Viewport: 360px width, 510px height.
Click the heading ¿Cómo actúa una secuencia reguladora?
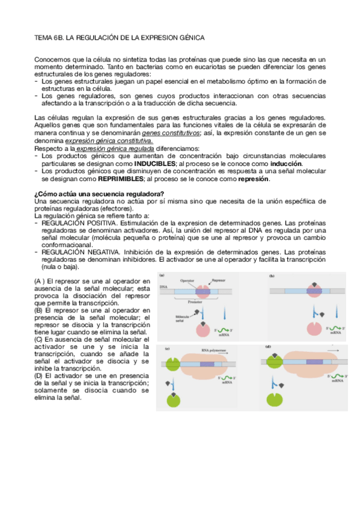click(x=99, y=193)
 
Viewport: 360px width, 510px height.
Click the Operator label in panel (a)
click(x=186, y=281)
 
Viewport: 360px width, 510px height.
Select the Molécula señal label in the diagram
click(x=183, y=319)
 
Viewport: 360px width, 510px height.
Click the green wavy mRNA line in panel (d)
click(x=332, y=375)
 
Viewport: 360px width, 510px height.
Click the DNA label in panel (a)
click(x=163, y=288)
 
